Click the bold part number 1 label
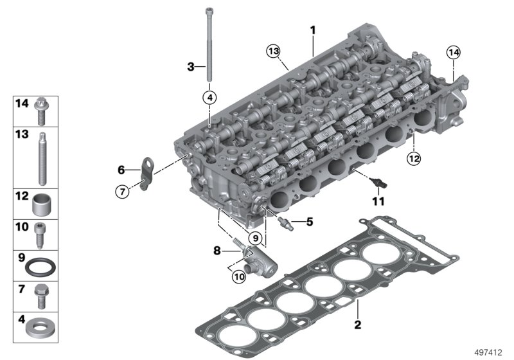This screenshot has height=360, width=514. click(x=313, y=30)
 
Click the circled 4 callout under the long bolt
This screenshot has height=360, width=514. click(x=209, y=98)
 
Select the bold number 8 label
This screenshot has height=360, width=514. click(x=217, y=250)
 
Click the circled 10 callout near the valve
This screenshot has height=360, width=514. click(x=240, y=277)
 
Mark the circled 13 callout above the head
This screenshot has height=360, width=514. click(x=274, y=51)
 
